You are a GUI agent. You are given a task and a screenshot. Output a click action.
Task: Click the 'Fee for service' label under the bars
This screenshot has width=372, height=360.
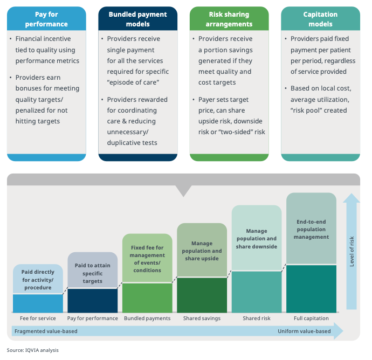click(38, 319)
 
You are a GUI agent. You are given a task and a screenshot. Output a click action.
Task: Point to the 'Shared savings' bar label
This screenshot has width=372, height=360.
click(202, 319)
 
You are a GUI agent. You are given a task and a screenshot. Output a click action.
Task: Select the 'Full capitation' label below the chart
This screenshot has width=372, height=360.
click(311, 319)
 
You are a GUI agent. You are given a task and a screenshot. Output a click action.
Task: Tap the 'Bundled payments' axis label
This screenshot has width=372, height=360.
click(147, 319)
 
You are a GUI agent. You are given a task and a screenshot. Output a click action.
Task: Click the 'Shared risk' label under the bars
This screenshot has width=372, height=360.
click(256, 319)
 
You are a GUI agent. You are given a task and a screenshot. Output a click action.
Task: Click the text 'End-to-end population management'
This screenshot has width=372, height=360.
click(311, 229)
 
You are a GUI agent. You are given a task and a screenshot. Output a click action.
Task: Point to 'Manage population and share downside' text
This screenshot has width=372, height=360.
click(257, 239)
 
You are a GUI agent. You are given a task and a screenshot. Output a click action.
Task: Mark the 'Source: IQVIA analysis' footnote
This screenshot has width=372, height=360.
click(33, 350)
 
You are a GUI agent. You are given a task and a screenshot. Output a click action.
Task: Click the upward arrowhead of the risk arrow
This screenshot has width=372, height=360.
click(352, 198)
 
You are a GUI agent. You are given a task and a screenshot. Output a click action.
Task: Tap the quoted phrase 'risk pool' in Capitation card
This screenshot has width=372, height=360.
click(305, 110)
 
